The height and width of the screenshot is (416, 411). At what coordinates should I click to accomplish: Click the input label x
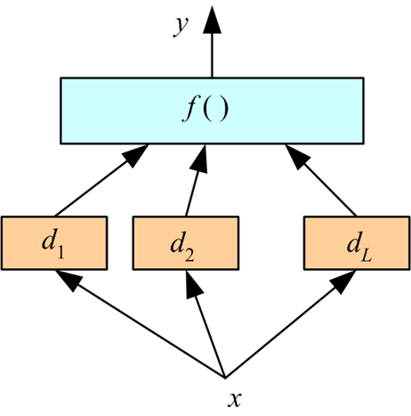(x=234, y=399)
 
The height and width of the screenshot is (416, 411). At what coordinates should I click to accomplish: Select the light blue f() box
(x=211, y=111)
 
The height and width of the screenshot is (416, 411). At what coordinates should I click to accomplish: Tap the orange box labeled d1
(x=55, y=242)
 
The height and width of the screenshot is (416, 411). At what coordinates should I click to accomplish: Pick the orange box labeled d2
(x=186, y=242)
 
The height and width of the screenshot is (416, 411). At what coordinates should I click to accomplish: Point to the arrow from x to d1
(x=142, y=325)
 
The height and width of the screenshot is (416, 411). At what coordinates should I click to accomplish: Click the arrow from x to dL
(x=285, y=325)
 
